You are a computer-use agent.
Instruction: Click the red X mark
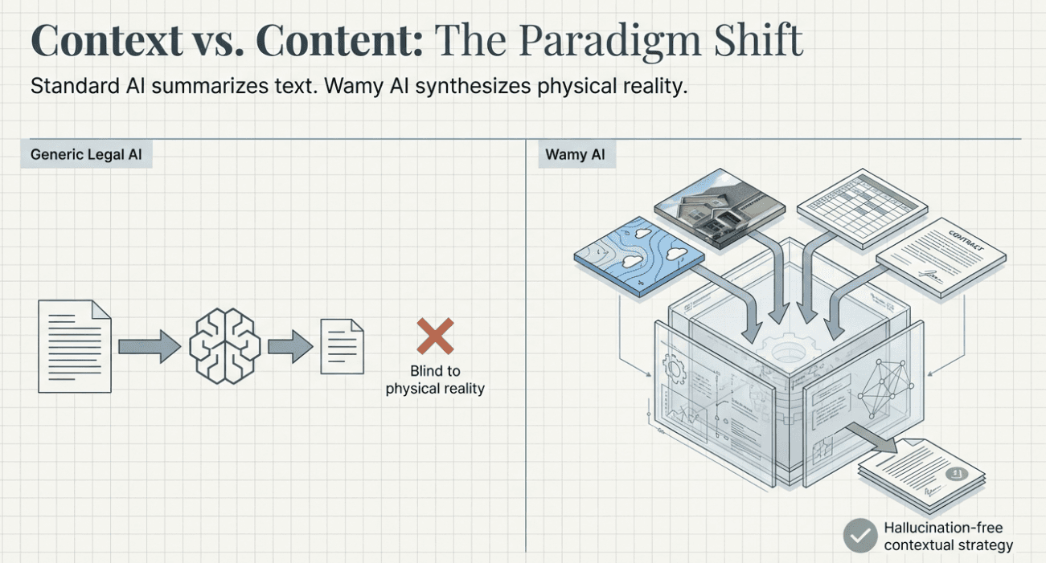click(x=435, y=336)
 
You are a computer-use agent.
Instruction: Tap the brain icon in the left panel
click(x=224, y=345)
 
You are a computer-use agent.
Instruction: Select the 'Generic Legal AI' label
click(x=86, y=155)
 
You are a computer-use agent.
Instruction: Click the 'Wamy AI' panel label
click(x=575, y=155)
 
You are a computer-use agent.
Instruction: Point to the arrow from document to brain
click(x=150, y=346)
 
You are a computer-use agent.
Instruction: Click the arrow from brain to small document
click(x=289, y=346)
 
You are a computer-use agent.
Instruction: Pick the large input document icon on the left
click(x=75, y=346)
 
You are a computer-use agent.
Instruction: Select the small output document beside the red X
click(x=342, y=346)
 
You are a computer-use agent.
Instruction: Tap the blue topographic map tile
click(x=639, y=255)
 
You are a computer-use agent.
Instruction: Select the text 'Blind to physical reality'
click(x=435, y=380)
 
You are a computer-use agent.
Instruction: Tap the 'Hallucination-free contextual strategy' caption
click(x=948, y=536)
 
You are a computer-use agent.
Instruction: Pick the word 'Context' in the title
click(x=106, y=40)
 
